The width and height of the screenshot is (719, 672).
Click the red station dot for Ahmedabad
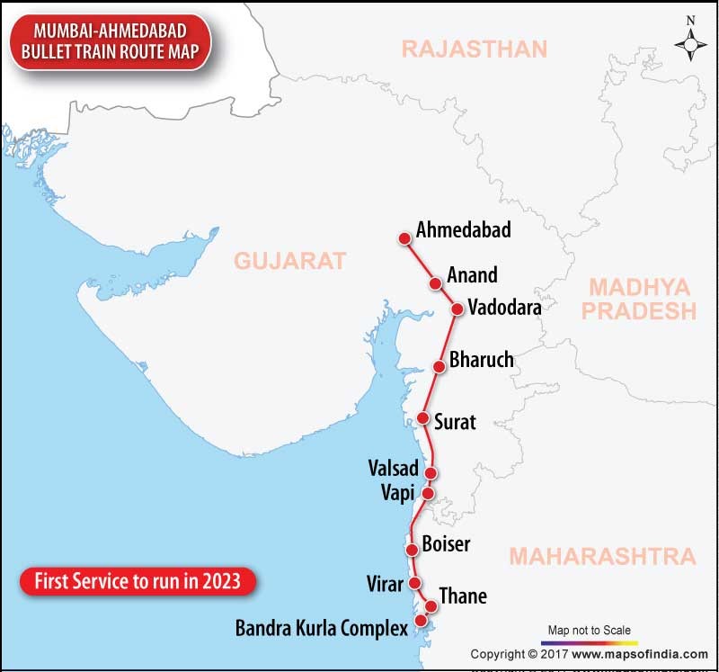(x=405, y=237)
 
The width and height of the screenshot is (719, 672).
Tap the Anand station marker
(x=436, y=283)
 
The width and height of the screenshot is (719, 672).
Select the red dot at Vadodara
(x=457, y=309)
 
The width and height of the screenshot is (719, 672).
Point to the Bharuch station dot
(x=439, y=366)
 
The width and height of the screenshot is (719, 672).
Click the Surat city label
(x=455, y=421)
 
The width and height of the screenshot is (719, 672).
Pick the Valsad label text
(x=394, y=469)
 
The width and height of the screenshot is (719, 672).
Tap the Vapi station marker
(x=428, y=493)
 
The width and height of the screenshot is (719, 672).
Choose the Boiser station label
(x=446, y=544)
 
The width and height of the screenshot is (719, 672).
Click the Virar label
(x=386, y=584)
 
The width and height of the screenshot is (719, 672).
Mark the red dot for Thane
(x=431, y=605)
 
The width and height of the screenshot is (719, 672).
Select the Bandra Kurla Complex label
(x=322, y=627)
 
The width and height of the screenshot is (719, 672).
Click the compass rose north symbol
(x=690, y=41)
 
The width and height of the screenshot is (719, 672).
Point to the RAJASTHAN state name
(x=474, y=49)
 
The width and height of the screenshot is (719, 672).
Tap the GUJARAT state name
(x=289, y=261)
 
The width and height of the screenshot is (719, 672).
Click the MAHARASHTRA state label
(x=602, y=556)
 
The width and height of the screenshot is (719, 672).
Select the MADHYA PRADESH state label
(x=642, y=300)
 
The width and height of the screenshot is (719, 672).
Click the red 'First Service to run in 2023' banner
(x=137, y=581)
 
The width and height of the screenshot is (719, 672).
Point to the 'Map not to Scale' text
(x=590, y=630)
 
